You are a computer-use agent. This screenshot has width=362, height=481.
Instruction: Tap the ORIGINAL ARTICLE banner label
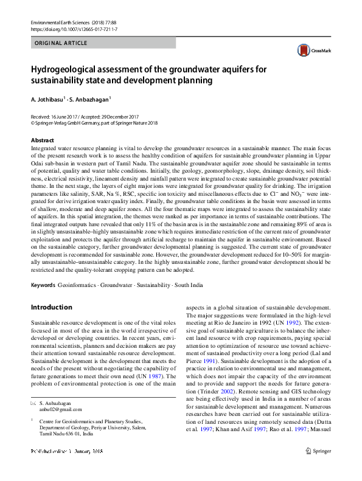pyautogui.click(x=61, y=43)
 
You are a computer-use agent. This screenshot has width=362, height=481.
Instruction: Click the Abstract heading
pyautogui.click(x=42, y=140)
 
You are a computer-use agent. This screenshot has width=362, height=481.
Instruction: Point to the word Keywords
pyautogui.click(x=44, y=285)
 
